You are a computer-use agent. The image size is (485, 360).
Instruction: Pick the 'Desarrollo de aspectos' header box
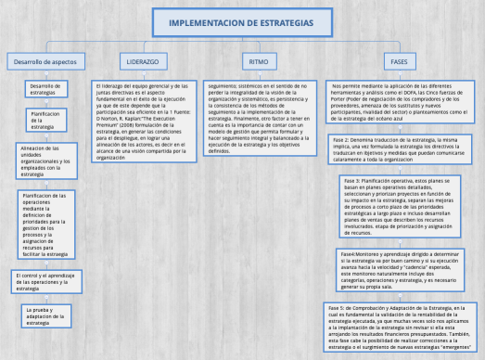coord(45,60)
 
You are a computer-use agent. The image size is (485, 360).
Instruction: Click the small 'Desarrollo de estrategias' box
coord(45,90)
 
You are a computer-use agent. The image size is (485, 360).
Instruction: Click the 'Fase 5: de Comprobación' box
coord(402,325)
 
